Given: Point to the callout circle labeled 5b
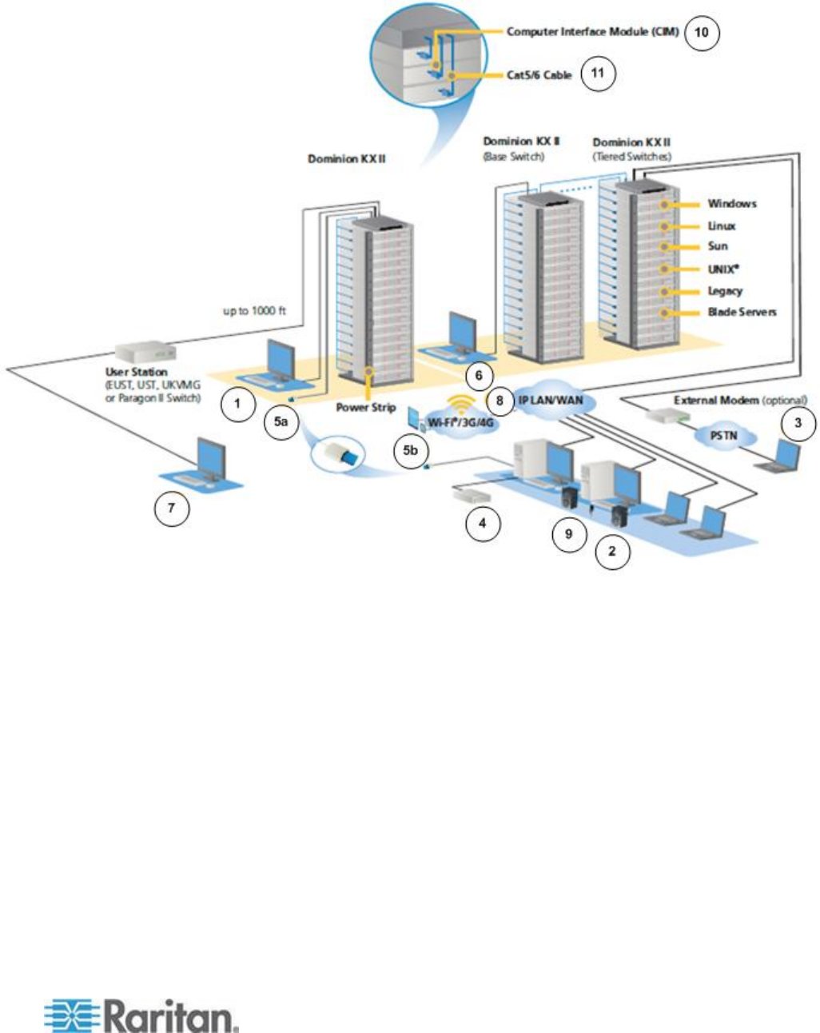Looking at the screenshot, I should coord(410,450).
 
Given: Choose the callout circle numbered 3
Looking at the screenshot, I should coord(798,423).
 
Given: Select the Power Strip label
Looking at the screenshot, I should coord(365,408).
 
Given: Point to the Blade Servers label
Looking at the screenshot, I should coord(742,312).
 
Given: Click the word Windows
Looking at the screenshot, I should coord(731,204).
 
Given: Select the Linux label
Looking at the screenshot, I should coord(722,226).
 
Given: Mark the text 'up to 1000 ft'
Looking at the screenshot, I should coord(253,310).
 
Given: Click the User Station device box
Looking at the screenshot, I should coord(144,352).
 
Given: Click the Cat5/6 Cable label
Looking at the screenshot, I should coord(539,75).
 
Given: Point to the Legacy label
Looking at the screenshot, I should coord(725,291).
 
